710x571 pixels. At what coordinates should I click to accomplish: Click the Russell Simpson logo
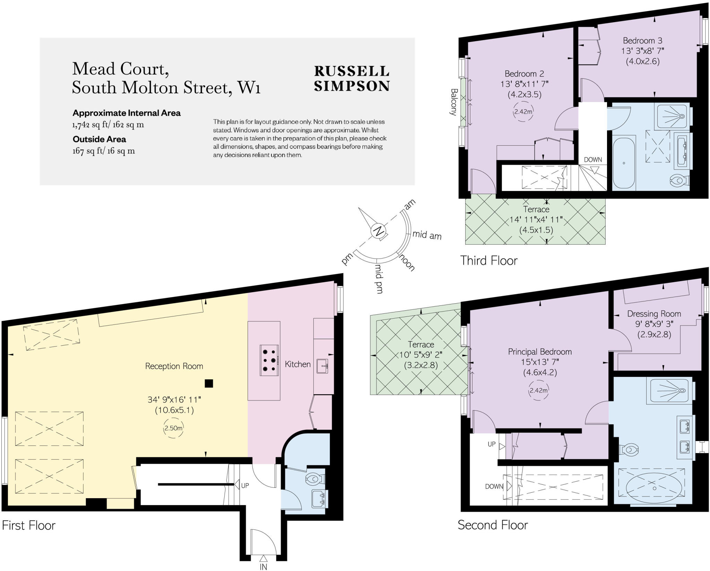pyautogui.click(x=352, y=78)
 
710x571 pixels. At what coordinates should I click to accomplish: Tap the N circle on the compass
pyautogui.click(x=378, y=231)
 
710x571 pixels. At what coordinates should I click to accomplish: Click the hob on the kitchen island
pyautogui.click(x=269, y=360)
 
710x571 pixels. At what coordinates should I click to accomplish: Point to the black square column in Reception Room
pyautogui.click(x=209, y=383)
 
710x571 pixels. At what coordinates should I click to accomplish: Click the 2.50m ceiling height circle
pyautogui.click(x=173, y=428)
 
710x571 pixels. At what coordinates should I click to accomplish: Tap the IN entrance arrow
pyautogui.click(x=263, y=558)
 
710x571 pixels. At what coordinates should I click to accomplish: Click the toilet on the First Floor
pyautogui.click(x=315, y=479)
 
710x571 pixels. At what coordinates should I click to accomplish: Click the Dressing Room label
pyautogui.click(x=654, y=314)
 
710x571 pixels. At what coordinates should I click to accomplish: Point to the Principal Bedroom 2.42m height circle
pyautogui.click(x=538, y=390)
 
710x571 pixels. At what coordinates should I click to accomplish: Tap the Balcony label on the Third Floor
pyautogui.click(x=454, y=102)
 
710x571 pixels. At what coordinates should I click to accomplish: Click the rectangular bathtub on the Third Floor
pyautogui.click(x=624, y=163)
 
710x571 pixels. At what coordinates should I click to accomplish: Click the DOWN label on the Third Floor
pyautogui.click(x=593, y=160)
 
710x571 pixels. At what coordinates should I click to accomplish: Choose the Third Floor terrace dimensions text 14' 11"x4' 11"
pyautogui.click(x=536, y=220)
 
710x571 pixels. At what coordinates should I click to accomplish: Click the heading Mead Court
pyautogui.click(x=121, y=69)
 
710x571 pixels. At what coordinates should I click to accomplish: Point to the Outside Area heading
pyautogui.click(x=99, y=139)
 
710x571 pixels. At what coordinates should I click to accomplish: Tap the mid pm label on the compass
pyautogui.click(x=379, y=279)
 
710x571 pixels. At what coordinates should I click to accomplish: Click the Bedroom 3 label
pyautogui.click(x=642, y=41)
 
